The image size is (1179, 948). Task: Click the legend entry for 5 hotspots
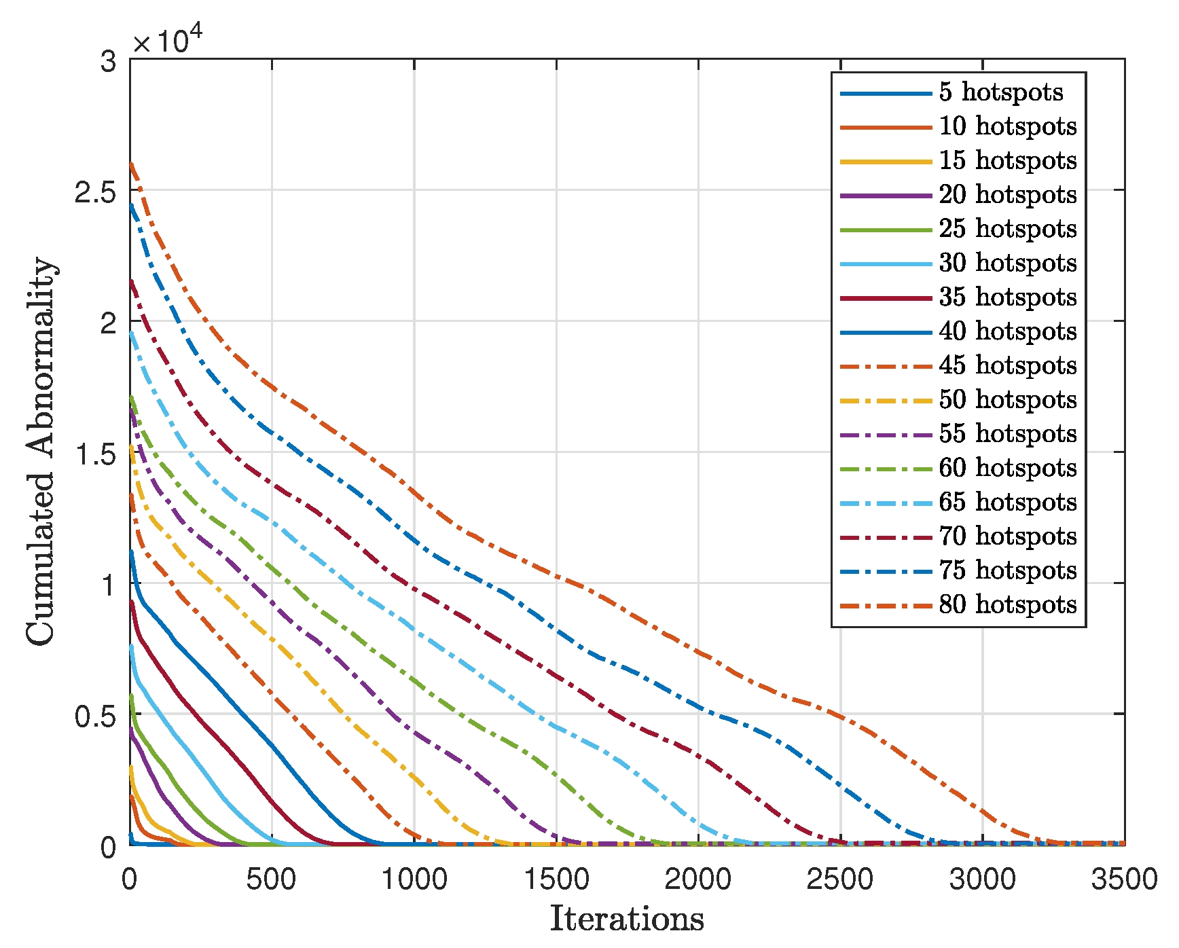tap(1000, 92)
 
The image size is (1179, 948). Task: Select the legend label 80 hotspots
tap(1007, 604)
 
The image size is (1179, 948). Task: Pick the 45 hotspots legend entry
tap(1007, 365)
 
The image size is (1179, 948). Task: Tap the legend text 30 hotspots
tap(1007, 263)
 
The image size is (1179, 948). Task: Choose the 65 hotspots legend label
tap(1007, 502)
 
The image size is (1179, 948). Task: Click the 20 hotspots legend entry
tap(1007, 195)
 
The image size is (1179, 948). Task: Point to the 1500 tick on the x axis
tap(556, 879)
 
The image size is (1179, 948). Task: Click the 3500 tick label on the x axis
tap(1124, 879)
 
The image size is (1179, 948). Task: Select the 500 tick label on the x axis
tap(272, 879)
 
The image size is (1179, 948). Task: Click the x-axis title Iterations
tap(626, 919)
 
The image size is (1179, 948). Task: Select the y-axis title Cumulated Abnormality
tap(41, 451)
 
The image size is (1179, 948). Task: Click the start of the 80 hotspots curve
tap(131, 163)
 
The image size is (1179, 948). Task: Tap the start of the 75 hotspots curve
tap(131, 204)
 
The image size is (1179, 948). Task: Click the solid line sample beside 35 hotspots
tap(886, 297)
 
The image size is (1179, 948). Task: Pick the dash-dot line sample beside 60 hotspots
tap(886, 468)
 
